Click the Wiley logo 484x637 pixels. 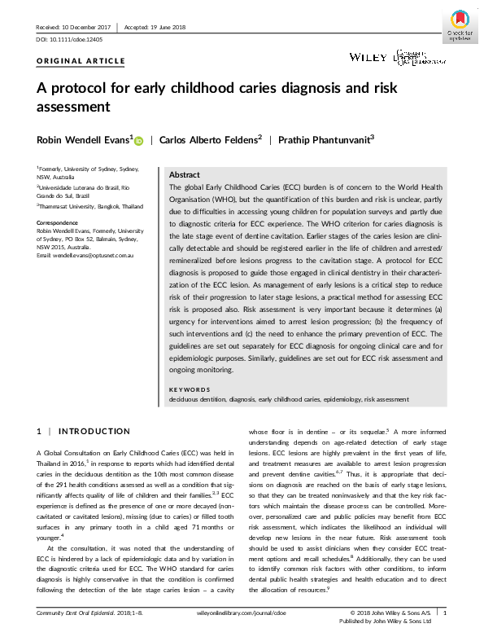[366, 56]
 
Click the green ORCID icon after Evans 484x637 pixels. [138, 141]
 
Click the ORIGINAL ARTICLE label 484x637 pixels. [81, 61]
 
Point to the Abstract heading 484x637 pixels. [185, 175]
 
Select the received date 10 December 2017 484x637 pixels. [74, 27]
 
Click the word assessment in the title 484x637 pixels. [72, 106]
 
